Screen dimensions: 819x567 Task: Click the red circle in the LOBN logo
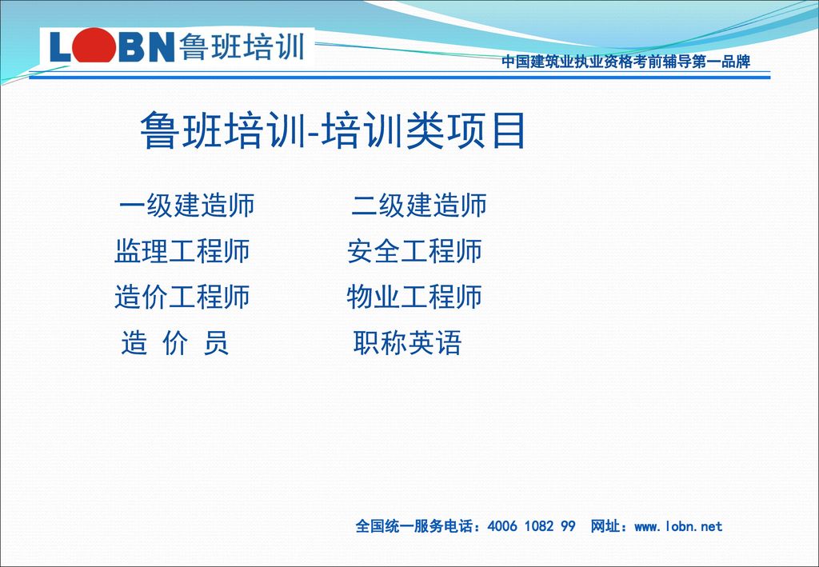(x=94, y=46)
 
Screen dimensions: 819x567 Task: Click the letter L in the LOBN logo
(x=60, y=47)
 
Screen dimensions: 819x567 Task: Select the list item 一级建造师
(x=186, y=205)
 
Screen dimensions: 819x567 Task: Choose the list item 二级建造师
(x=418, y=205)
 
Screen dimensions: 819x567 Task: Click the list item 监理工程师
(x=182, y=250)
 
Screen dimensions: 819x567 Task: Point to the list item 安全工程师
(x=414, y=250)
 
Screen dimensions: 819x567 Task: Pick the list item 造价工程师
(x=182, y=297)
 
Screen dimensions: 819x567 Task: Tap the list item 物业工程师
(x=414, y=297)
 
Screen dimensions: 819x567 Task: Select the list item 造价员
(x=175, y=343)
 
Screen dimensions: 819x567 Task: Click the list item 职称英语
(x=407, y=343)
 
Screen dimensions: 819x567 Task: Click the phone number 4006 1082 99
(x=531, y=525)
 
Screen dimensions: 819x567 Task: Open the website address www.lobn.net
(x=678, y=526)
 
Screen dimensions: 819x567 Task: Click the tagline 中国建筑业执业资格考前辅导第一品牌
(x=625, y=62)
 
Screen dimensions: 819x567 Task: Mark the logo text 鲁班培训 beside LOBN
(x=242, y=46)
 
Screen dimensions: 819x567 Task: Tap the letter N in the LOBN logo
(x=160, y=47)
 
